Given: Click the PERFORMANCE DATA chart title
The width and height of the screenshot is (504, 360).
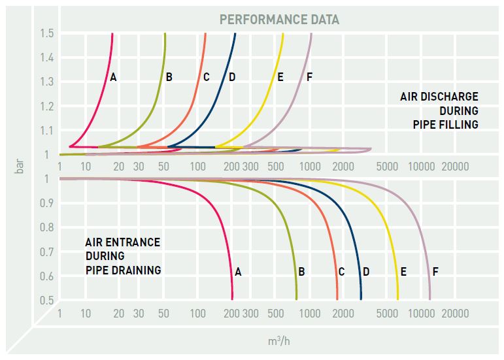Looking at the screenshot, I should (x=279, y=19).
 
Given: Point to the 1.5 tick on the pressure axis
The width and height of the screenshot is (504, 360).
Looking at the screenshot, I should (x=47, y=33).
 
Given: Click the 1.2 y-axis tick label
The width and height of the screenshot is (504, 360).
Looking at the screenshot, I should (x=47, y=106).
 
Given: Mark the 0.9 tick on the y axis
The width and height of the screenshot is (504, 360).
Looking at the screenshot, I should (x=47, y=203).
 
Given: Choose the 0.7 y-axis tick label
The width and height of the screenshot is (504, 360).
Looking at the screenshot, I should (x=47, y=252).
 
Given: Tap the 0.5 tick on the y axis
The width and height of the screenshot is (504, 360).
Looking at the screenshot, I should (x=47, y=300).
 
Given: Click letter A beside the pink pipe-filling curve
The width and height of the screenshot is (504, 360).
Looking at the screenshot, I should (x=113, y=77).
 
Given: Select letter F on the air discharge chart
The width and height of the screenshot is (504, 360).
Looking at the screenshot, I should (x=309, y=77).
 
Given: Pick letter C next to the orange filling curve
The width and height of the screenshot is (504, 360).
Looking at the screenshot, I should (x=206, y=77).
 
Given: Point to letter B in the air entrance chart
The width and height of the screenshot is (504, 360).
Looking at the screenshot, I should (x=301, y=271).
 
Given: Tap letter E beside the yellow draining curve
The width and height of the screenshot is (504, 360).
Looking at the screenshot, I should (x=403, y=271).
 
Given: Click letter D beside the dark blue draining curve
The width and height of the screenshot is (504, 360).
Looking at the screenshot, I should (x=365, y=271).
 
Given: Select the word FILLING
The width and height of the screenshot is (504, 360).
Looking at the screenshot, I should (x=460, y=124).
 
